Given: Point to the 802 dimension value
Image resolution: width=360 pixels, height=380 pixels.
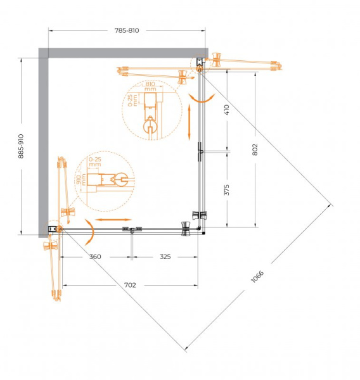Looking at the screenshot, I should coord(255,148).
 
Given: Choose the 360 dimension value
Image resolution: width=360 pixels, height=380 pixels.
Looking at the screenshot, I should coord(95,257).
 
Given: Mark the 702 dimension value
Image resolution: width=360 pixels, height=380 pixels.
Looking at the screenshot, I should coord(130,286).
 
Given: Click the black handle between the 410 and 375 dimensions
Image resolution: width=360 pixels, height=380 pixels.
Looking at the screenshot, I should coord(200,151).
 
